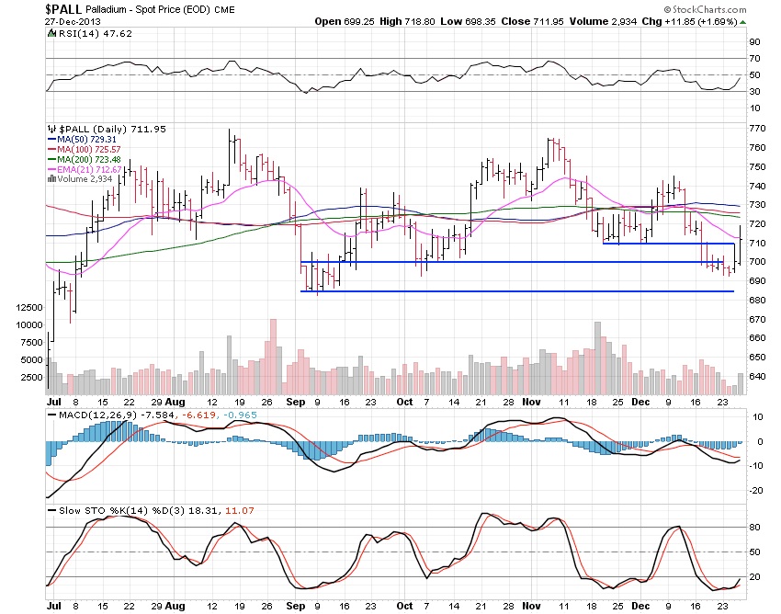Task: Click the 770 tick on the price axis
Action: click(x=757, y=129)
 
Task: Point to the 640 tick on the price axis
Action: click(x=757, y=377)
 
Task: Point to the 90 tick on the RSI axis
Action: click(x=753, y=42)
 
